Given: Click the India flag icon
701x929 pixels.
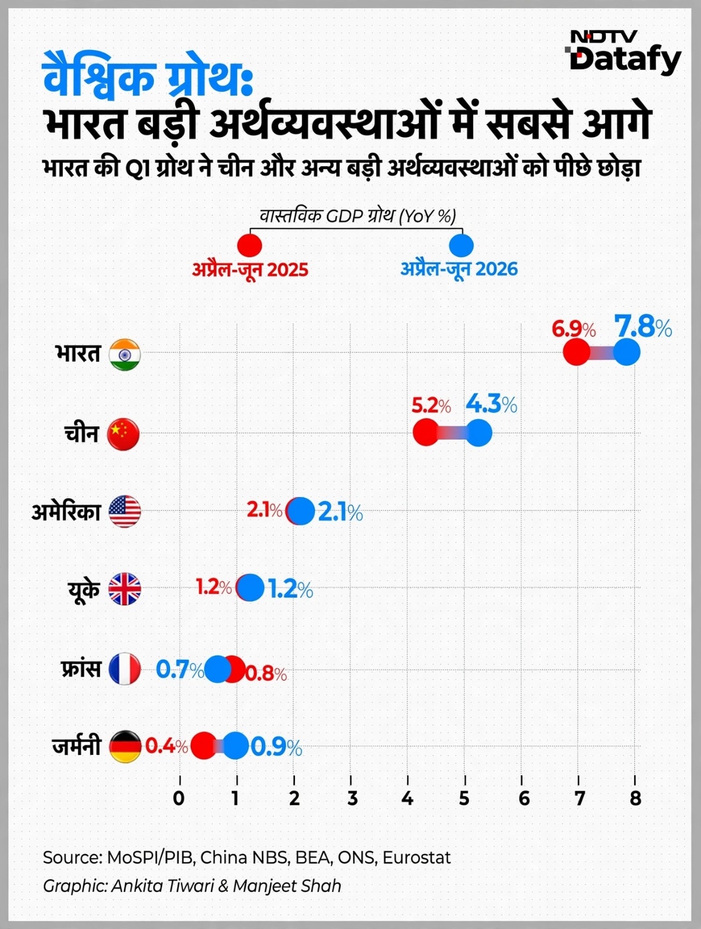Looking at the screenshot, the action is (124, 354).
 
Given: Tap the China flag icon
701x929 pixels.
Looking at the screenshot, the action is (123, 434).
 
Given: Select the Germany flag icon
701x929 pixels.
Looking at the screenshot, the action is (125, 747).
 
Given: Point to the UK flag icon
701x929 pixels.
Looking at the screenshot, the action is (125, 589).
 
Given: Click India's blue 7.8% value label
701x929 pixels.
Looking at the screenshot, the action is (642, 327).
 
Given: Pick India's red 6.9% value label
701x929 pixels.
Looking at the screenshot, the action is (574, 329).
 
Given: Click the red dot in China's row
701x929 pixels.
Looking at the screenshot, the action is (426, 433).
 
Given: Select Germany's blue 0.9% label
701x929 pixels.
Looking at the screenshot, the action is (276, 748).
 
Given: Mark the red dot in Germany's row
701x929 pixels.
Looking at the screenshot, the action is (204, 746).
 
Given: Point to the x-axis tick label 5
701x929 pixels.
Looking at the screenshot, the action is (465, 798).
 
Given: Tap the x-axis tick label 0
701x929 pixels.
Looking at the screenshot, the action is (179, 798).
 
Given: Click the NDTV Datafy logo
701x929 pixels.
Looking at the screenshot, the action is (623, 52).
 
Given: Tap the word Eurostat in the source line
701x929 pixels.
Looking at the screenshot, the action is (416, 858).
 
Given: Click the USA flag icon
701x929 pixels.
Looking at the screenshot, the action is (125, 512).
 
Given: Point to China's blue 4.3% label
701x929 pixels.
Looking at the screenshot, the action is (491, 405).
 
